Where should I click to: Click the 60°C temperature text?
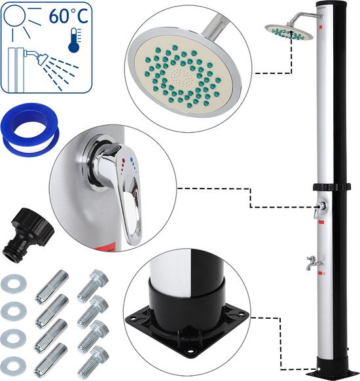[69, 16]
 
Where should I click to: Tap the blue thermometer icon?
[75, 41]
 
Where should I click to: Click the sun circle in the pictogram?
[14, 15]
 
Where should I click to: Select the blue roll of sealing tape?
[30, 130]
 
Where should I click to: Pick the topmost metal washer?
[14, 283]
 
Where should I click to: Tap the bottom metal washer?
[14, 366]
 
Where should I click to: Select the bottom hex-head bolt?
[93, 362]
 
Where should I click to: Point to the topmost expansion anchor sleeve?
[52, 287]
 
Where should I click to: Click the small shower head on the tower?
[289, 32]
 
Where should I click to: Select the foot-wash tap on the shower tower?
[314, 263]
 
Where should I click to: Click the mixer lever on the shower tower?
[319, 209]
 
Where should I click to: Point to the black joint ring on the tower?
[332, 187]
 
